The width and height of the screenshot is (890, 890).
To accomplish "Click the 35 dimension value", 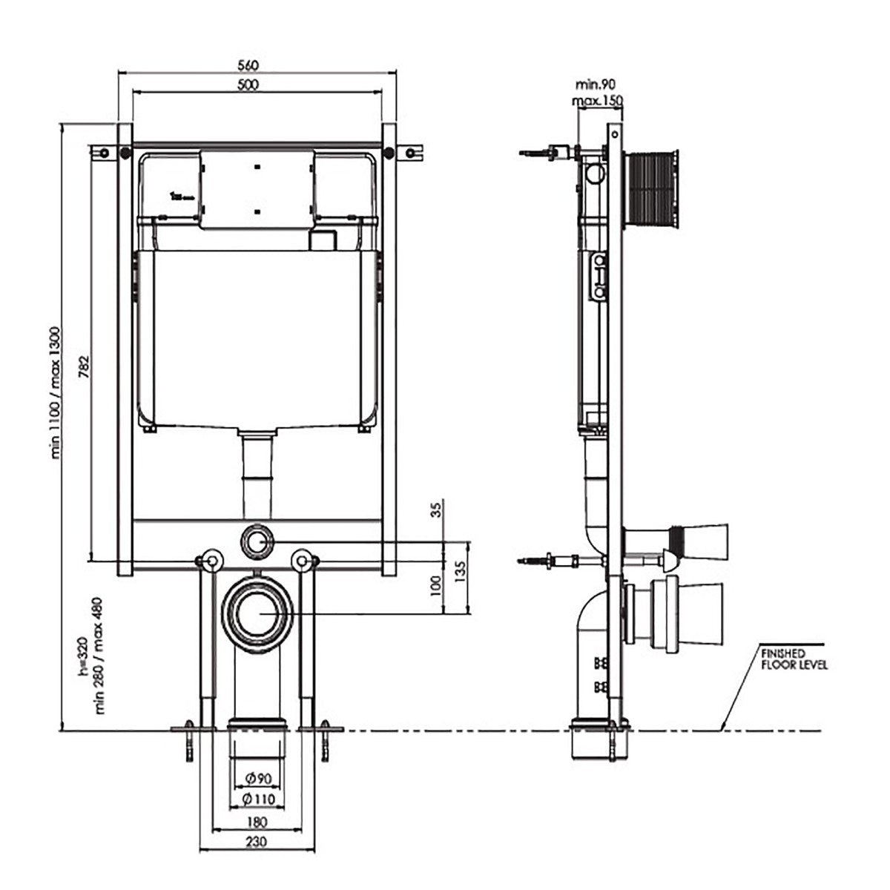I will tap(436, 510).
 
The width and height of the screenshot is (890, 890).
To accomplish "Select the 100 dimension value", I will tap(435, 586).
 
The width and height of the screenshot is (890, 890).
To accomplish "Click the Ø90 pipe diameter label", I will tap(258, 778).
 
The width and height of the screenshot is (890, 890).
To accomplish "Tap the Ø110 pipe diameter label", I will tap(258, 799).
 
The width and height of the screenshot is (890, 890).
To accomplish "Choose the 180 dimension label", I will tap(257, 822).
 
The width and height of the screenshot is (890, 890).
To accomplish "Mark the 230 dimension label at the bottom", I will tap(257, 842).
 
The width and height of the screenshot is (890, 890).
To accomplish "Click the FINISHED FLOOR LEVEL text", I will tap(794, 659).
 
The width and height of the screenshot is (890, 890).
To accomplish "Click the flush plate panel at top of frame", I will tap(257, 189).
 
